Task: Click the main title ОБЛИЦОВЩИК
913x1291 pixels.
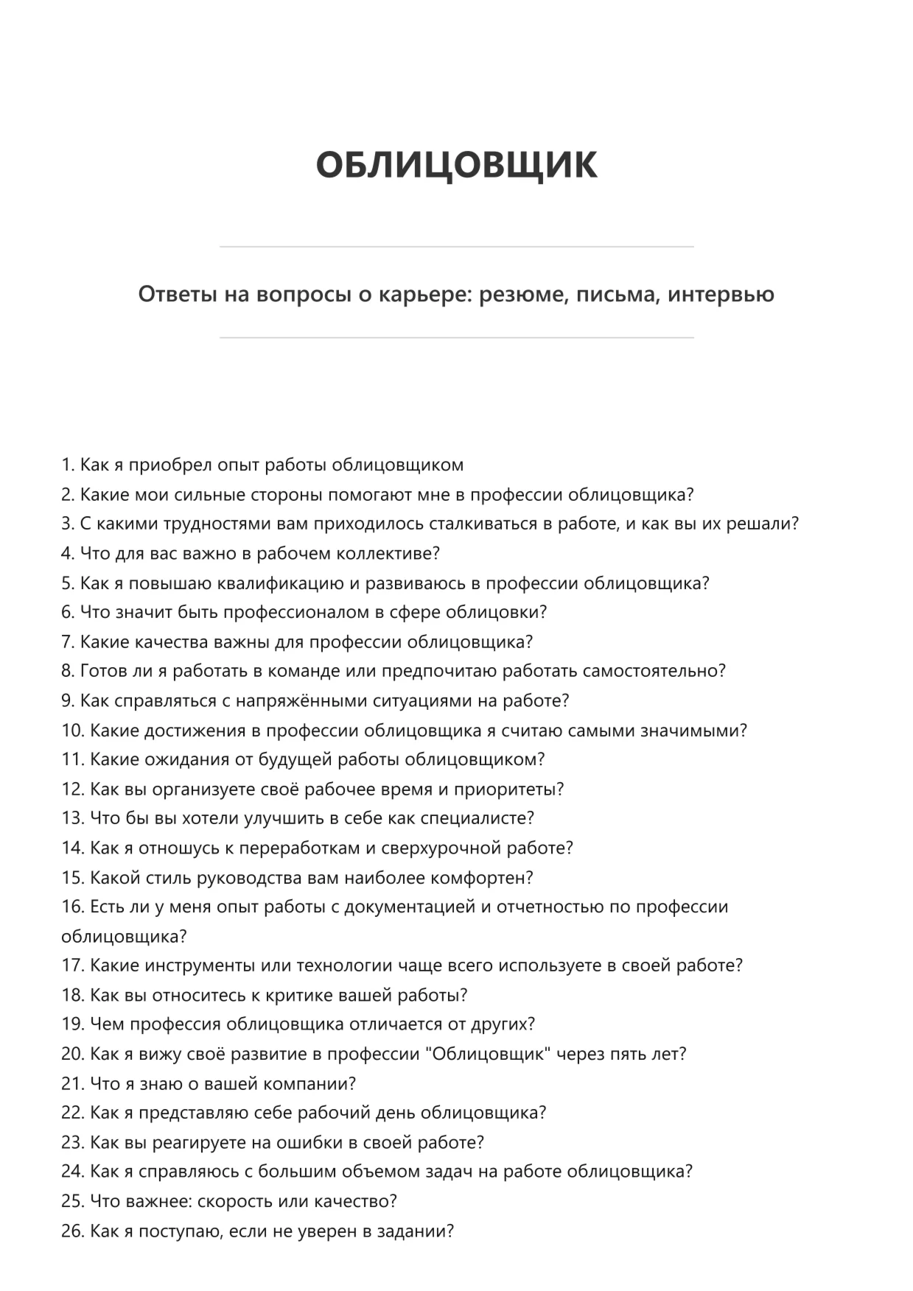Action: click(456, 164)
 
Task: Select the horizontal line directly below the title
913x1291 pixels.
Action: click(456, 247)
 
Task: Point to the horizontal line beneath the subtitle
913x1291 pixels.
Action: click(456, 338)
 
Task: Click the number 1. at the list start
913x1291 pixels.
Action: click(69, 465)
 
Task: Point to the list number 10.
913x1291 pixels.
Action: click(73, 731)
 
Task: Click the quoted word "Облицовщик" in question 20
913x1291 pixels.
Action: click(489, 1054)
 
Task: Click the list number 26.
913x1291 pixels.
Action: click(73, 1231)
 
